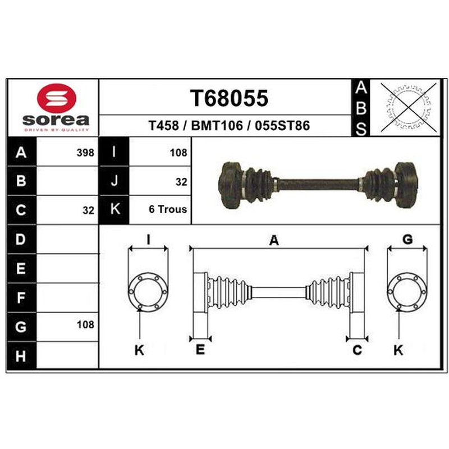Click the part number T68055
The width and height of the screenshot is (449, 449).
(229, 98)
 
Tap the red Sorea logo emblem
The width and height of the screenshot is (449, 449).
(57, 98)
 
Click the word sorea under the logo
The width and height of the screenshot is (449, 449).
(56, 120)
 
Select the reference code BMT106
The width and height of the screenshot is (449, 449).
(217, 126)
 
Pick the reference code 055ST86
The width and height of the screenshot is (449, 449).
(282, 126)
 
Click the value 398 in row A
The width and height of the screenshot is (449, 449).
(85, 153)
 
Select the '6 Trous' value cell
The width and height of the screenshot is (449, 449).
(168, 209)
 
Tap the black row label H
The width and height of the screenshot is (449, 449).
(21, 355)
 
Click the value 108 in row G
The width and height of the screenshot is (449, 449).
(85, 325)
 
